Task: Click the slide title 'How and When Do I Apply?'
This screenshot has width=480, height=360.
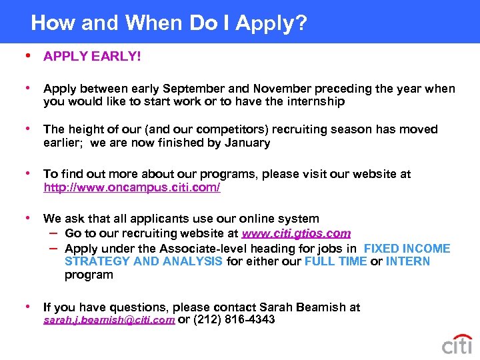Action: coord(169,23)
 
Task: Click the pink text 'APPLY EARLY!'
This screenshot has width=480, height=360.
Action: coord(92,57)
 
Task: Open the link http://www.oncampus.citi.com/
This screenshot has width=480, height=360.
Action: coord(132,188)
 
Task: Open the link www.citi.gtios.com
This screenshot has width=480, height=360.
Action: coord(296,233)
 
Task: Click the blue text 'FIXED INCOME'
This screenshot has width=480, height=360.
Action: coord(407,249)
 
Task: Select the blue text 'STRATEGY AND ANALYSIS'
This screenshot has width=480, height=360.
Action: coord(143,261)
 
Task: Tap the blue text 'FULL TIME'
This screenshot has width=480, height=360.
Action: coord(335,261)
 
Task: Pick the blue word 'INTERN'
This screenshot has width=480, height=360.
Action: coord(408,261)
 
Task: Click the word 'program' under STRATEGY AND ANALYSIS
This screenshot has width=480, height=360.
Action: coord(89,275)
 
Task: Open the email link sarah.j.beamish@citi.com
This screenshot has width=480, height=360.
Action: coord(109,320)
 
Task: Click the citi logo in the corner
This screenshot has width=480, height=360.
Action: coord(457,344)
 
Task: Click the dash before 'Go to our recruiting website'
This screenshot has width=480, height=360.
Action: coord(53,233)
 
